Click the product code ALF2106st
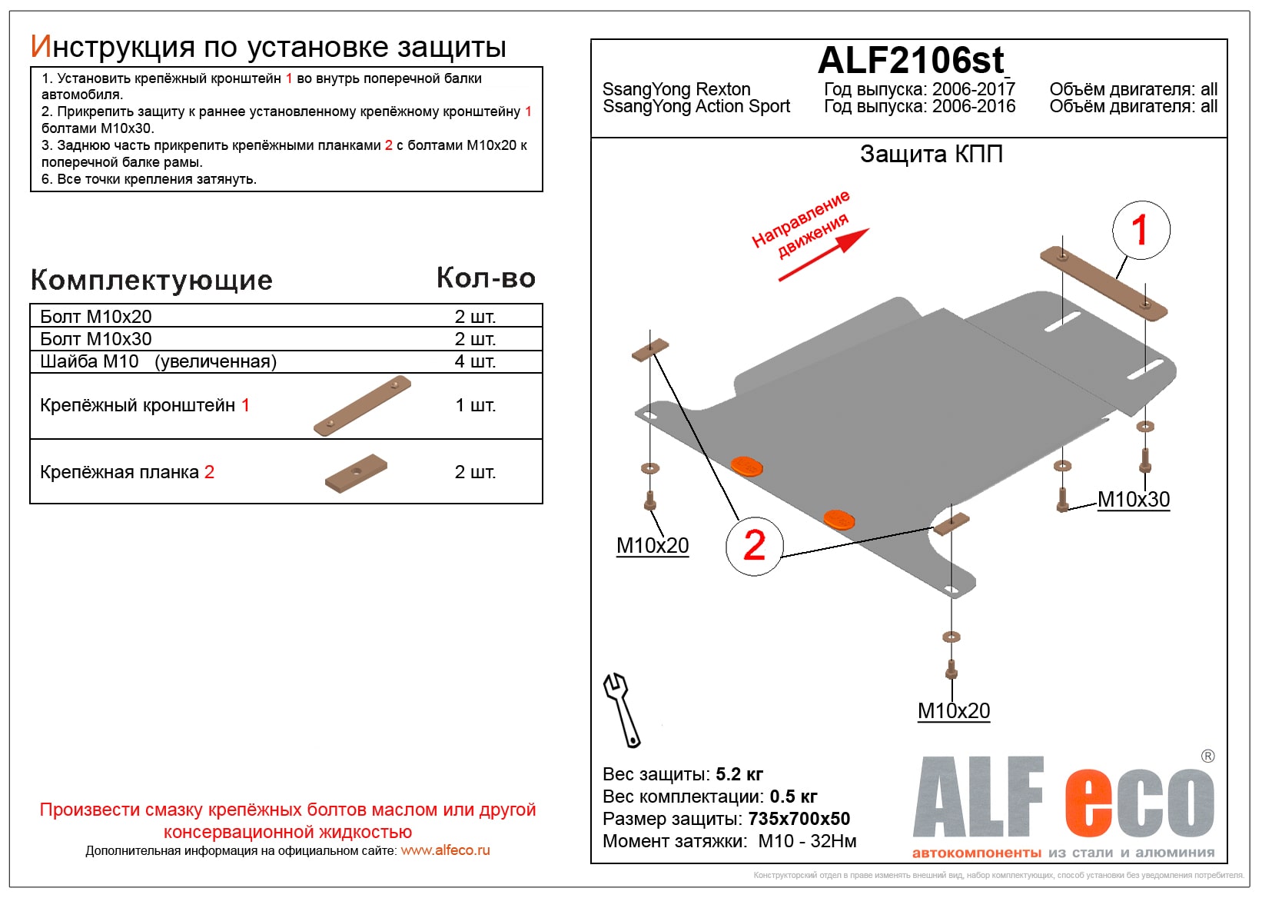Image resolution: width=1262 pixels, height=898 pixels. (x=911, y=60)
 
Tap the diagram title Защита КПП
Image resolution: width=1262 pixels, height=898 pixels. (x=931, y=154)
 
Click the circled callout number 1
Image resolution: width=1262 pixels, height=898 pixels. (x=1141, y=230)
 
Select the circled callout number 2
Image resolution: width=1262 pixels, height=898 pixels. (x=754, y=546)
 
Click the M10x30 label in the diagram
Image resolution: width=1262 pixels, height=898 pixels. (x=1133, y=500)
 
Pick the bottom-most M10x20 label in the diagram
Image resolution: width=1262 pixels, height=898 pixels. (x=953, y=711)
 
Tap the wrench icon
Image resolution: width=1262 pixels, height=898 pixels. (x=621, y=710)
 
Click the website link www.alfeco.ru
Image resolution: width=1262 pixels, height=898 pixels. (x=445, y=850)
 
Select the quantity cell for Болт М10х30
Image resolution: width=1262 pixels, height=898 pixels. (x=475, y=339)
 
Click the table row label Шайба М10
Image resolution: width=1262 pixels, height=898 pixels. (x=89, y=361)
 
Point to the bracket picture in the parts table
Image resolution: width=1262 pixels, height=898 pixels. (x=362, y=406)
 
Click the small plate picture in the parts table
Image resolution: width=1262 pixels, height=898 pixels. (x=356, y=473)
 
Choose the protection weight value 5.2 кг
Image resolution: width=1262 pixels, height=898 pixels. (x=739, y=774)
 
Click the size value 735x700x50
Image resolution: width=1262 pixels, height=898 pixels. (x=799, y=819)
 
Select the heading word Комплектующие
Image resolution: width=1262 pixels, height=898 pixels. (x=151, y=281)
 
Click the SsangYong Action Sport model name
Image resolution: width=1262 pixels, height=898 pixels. (x=696, y=107)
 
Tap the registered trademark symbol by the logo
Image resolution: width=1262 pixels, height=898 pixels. (x=1207, y=757)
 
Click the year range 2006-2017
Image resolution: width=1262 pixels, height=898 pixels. (x=973, y=89)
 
